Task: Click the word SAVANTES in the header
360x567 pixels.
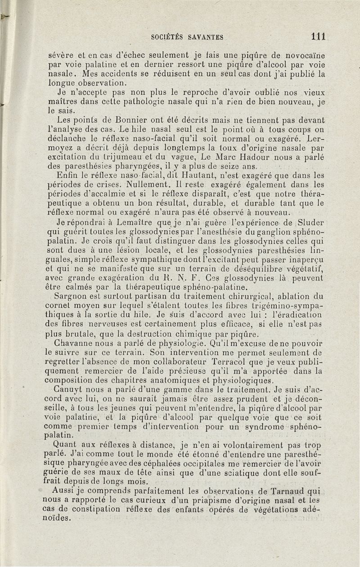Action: [205, 37]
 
